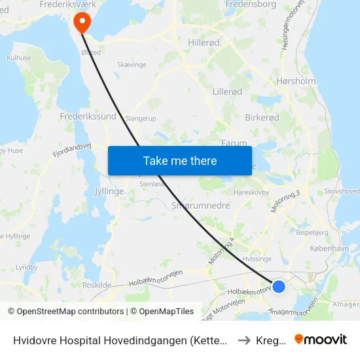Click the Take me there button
pyautogui.click(x=180, y=160)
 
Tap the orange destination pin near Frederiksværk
pyautogui.click(x=82, y=23)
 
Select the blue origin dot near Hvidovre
pyautogui.click(x=279, y=286)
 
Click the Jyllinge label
pyautogui.click(x=109, y=192)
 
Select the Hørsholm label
pyautogui.click(x=296, y=82)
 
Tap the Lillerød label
pyautogui.click(x=228, y=92)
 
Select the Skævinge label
pyautogui.click(x=133, y=65)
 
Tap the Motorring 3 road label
pyautogui.click(x=287, y=201)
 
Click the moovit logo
pyautogui.click(x=321, y=339)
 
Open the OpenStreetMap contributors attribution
pyautogui.click(x=66, y=312)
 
